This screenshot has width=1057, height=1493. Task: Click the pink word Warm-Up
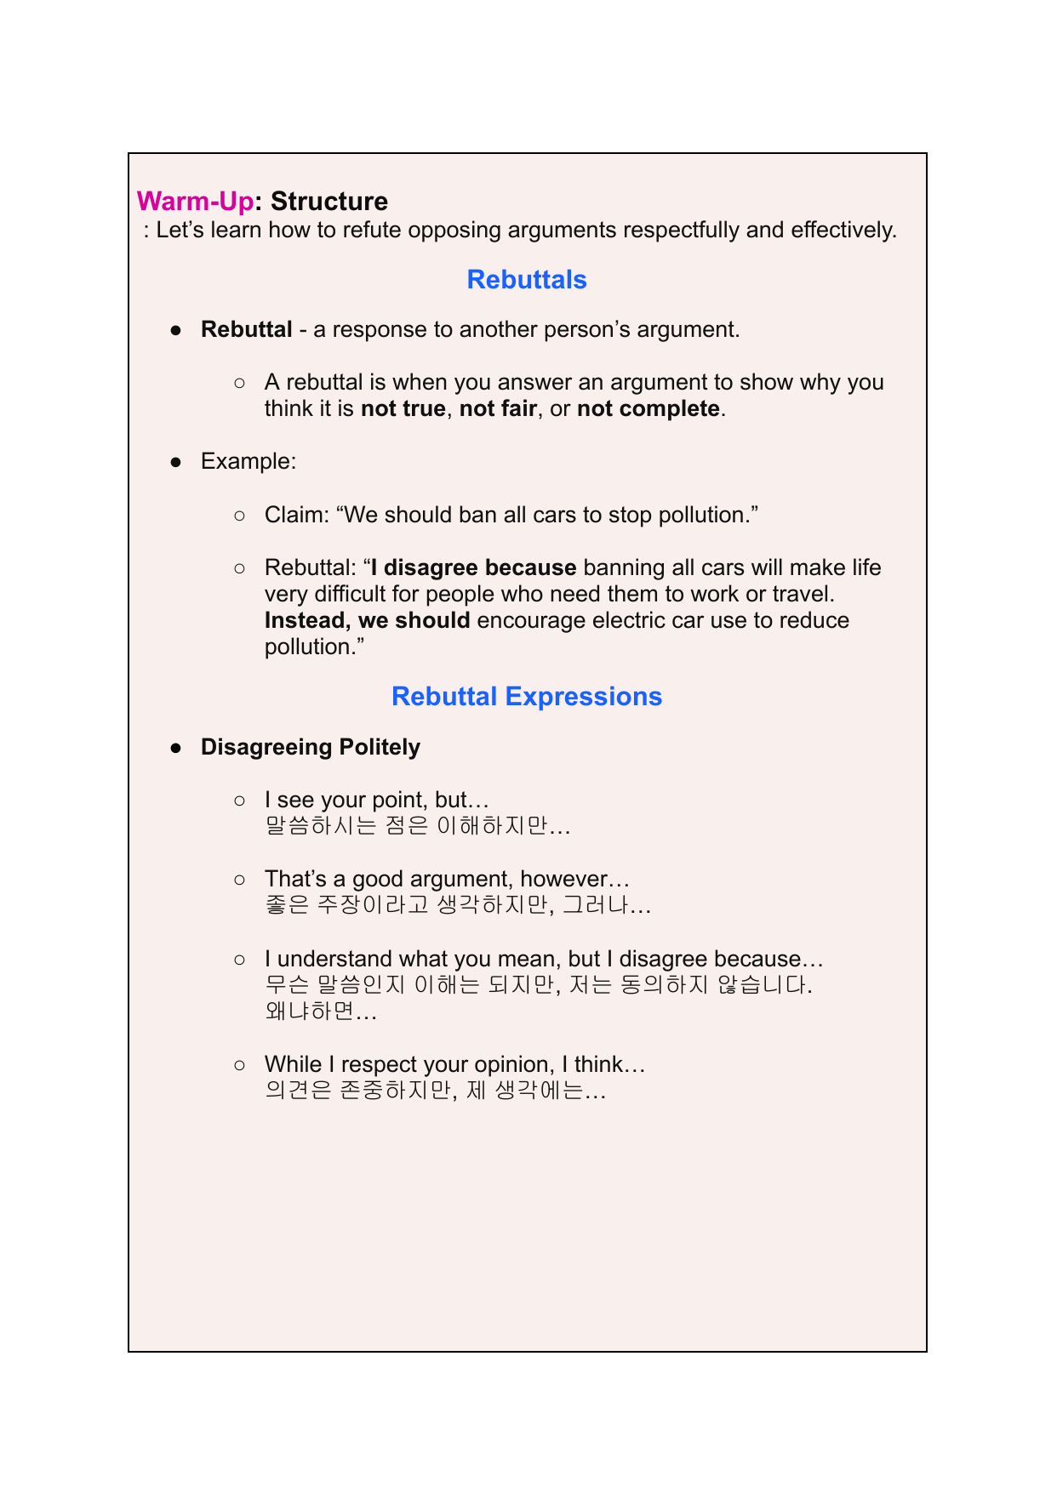click(x=195, y=202)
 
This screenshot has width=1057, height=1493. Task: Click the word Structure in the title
click(x=329, y=202)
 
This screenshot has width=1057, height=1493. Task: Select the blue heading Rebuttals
click(x=527, y=280)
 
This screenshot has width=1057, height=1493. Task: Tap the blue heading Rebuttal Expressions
click(x=527, y=697)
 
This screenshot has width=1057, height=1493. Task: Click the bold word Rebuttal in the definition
click(x=247, y=330)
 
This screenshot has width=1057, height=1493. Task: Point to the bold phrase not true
click(x=403, y=409)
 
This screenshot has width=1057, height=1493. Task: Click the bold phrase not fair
click(x=498, y=409)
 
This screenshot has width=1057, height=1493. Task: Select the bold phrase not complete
click(x=648, y=409)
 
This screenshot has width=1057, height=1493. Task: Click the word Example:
click(x=249, y=462)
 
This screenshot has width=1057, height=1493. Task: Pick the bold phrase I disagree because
click(x=474, y=568)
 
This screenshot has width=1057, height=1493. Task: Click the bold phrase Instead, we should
click(x=368, y=621)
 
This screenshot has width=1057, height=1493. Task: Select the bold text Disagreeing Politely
click(x=311, y=748)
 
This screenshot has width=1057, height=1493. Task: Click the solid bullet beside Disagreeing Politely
click(x=176, y=748)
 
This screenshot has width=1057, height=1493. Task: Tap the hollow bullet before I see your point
click(x=240, y=801)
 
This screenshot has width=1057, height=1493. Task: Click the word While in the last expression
click(x=294, y=1065)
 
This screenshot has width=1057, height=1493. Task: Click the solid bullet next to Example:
click(x=176, y=462)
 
